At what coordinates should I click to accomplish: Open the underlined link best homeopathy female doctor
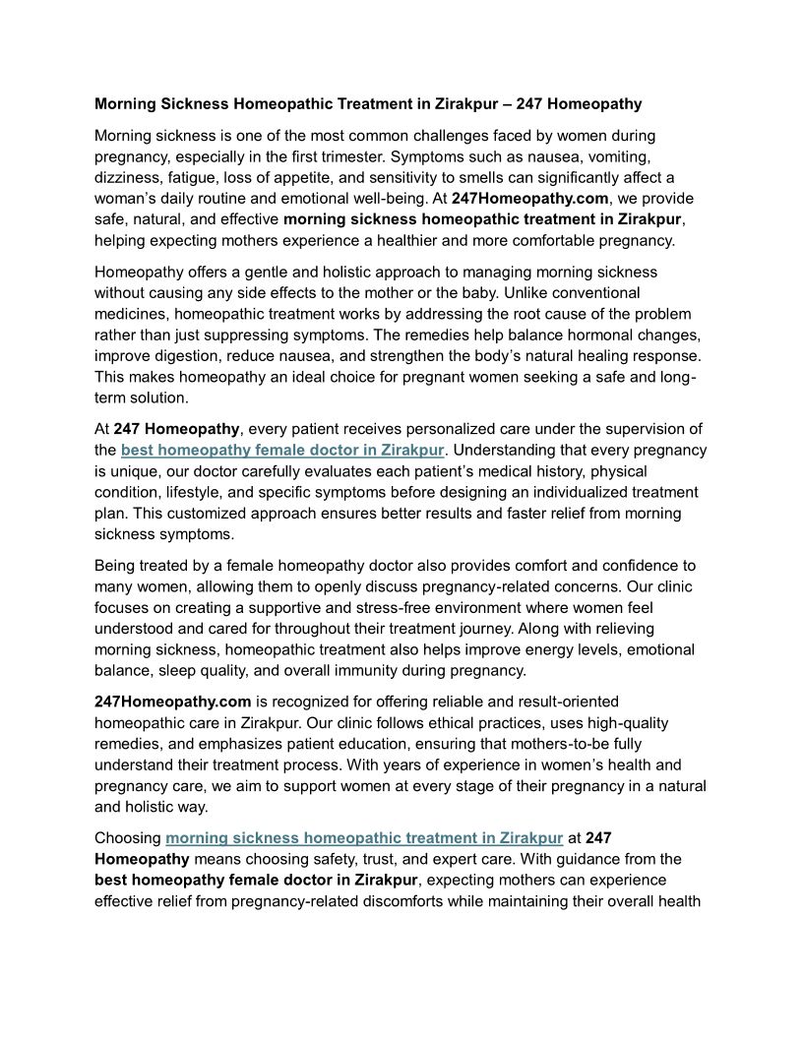pyautogui.click(x=282, y=450)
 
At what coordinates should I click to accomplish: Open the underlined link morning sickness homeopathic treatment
pyautogui.click(x=364, y=838)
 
